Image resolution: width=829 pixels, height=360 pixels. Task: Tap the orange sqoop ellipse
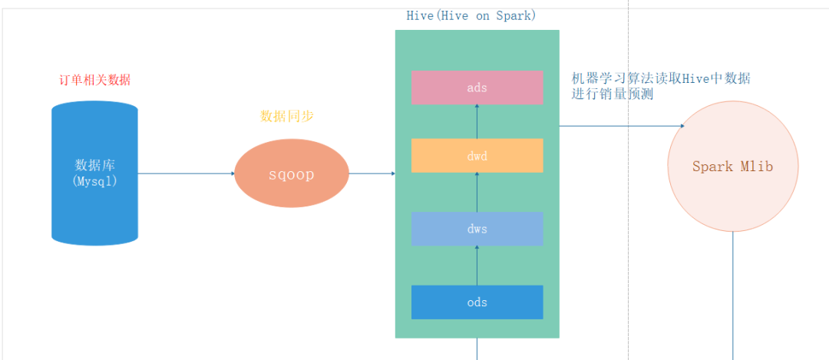click(x=292, y=174)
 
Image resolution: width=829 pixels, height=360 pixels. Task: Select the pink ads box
click(x=477, y=88)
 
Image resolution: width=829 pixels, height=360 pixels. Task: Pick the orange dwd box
click(x=477, y=156)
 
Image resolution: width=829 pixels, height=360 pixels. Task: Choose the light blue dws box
click(x=477, y=228)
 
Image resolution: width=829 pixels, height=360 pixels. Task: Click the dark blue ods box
click(x=477, y=302)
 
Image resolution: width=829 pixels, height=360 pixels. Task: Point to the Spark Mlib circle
click(x=733, y=167)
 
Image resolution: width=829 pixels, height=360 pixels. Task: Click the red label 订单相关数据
click(x=95, y=80)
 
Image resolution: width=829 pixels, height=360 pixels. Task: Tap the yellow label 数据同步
click(x=287, y=117)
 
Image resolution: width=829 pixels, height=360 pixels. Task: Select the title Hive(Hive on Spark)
click(x=471, y=15)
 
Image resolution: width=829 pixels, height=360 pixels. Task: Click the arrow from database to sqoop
click(x=187, y=173)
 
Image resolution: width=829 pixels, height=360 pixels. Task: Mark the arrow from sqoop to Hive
click(x=372, y=174)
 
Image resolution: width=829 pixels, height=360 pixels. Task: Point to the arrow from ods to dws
click(x=477, y=265)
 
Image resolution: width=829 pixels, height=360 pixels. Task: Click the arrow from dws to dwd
click(x=477, y=192)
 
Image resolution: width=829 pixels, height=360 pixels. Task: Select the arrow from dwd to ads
click(x=477, y=121)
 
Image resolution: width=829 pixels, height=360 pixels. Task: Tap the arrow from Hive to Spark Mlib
click(x=622, y=126)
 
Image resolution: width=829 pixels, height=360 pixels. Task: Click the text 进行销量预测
click(x=613, y=94)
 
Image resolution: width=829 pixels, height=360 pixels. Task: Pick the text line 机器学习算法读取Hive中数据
click(x=661, y=78)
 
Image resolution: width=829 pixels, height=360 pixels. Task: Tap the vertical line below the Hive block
click(x=477, y=348)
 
